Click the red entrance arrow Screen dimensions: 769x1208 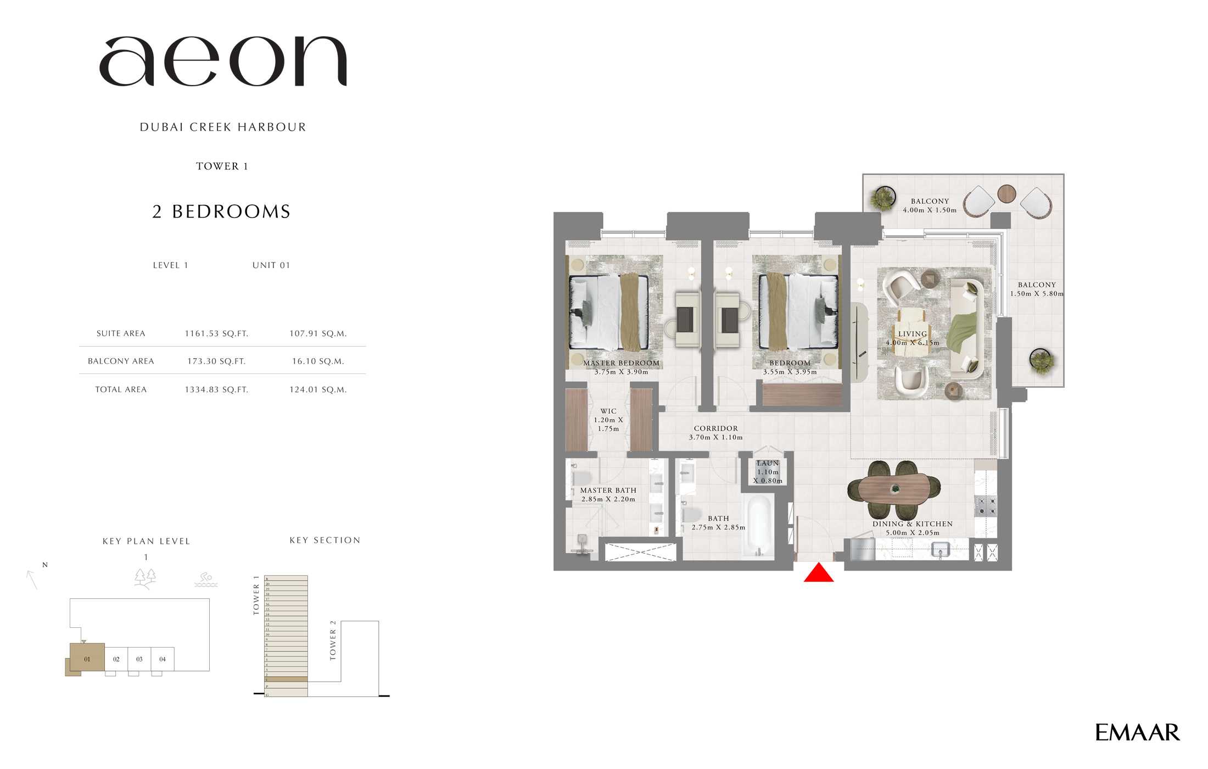818,573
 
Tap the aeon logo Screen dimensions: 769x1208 222,61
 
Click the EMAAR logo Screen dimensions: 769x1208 1137,732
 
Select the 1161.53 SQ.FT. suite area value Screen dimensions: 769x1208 216,333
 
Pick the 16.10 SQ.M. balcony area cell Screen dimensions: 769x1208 318,361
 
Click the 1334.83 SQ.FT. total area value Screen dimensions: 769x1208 216,389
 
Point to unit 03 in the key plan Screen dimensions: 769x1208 139,659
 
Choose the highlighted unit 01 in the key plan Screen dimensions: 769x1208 87,659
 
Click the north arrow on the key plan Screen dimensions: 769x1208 32,579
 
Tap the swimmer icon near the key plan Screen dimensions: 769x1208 206,579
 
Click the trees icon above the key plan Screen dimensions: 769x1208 146,578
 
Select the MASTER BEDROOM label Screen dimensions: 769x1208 621,363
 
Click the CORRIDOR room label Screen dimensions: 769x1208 715,428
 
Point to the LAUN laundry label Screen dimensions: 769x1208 768,464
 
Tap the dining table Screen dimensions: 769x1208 894,488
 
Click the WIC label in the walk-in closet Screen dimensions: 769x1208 608,411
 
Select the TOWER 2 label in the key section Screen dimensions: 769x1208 333,640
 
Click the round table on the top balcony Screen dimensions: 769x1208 1006,193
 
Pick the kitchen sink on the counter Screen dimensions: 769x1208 941,549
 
